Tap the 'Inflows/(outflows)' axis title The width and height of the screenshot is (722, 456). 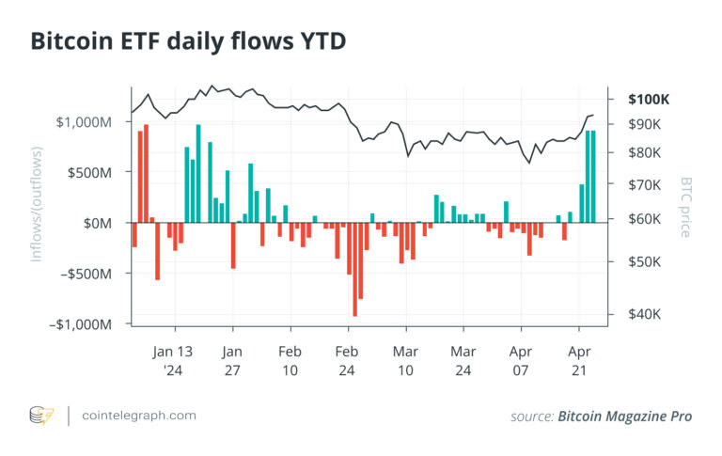[x=39, y=203]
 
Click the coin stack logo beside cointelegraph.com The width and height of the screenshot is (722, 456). [x=41, y=415]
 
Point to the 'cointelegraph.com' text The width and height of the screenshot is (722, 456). [x=139, y=415]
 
